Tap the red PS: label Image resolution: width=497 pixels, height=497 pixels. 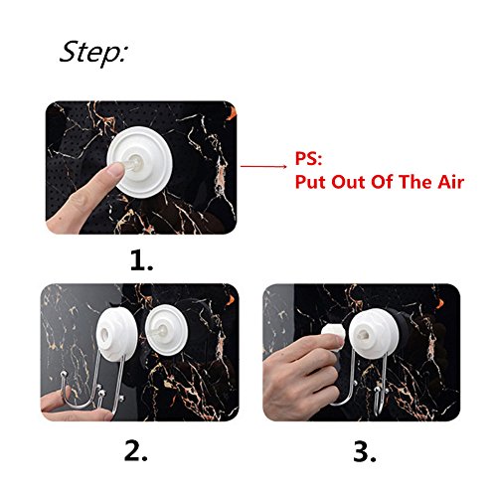308,158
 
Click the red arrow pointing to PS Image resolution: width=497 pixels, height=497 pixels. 263,166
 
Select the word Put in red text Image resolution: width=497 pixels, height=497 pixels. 310,182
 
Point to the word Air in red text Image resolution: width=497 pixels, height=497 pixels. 450,182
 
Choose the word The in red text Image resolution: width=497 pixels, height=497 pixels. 415,182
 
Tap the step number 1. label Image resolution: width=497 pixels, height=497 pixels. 142,260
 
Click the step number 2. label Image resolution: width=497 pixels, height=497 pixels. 136,450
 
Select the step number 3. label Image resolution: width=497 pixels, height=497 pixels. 365,451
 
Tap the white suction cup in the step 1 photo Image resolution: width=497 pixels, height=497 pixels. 139,162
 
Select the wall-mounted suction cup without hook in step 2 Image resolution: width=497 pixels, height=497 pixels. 167,330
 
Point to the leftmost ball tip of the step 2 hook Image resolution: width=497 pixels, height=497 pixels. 64,375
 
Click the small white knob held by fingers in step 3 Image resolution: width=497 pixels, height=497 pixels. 333,335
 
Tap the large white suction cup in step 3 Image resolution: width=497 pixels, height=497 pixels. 374,334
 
